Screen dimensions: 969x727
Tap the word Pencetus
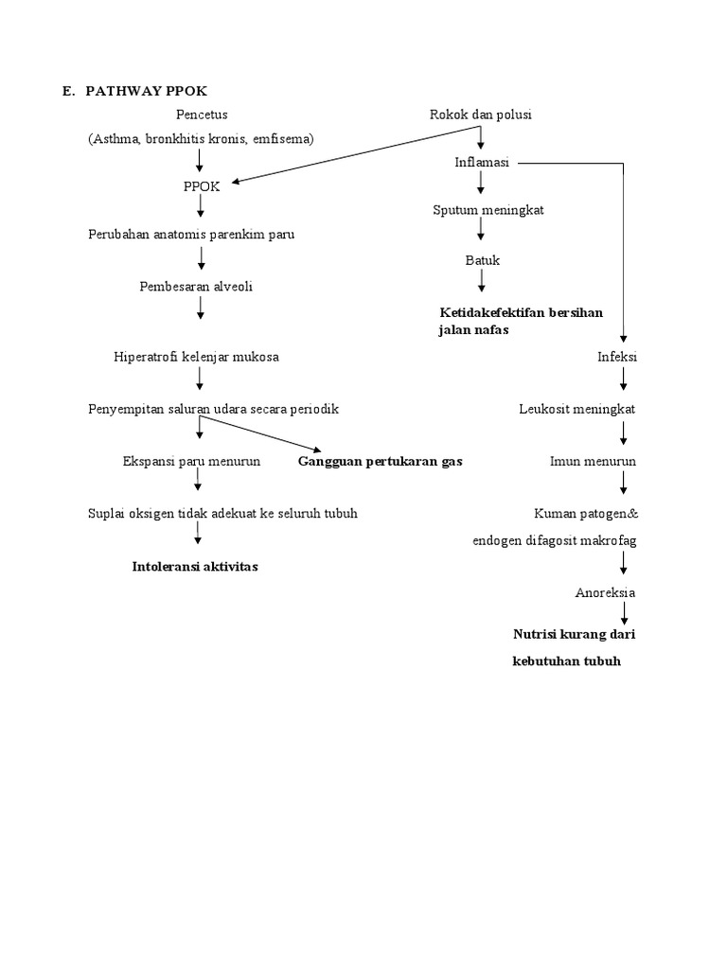pos(202,115)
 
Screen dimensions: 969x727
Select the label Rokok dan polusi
pos(481,115)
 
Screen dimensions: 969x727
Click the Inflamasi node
pos(482,163)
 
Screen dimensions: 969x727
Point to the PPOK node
pos(201,186)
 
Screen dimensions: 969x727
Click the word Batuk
pos(482,259)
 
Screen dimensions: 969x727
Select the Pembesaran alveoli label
pos(195,285)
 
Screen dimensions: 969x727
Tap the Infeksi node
pos(617,357)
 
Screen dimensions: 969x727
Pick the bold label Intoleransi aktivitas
pos(195,566)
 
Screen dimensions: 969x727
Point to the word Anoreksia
pos(606,592)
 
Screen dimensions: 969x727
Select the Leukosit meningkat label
pos(577,409)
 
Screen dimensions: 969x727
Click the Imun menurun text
pos(593,462)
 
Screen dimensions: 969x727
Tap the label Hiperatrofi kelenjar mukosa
pos(196,357)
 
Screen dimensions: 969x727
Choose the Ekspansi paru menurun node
pos(191,462)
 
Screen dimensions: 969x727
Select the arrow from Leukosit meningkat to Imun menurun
pos(624,434)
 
